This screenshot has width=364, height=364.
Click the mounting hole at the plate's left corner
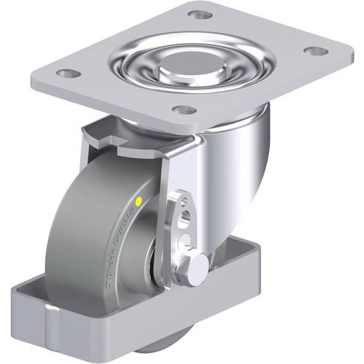click(x=68, y=74)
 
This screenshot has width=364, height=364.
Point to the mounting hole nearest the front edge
click(x=185, y=111)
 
